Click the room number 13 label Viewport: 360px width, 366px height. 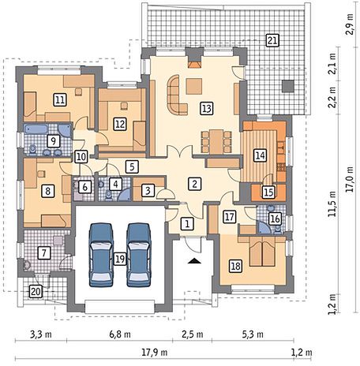207,108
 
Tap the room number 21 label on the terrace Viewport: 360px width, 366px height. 272,40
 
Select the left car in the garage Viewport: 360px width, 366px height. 101,255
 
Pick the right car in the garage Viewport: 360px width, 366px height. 139,255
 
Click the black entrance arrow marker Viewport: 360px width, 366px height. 194,260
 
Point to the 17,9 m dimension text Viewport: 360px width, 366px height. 155,352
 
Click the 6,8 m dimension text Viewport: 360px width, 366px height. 120,334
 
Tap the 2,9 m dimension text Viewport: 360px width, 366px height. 350,24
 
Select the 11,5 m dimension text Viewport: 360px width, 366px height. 332,204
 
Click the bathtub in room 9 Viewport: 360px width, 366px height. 36,129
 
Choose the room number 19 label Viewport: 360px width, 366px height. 120,259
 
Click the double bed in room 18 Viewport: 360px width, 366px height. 262,252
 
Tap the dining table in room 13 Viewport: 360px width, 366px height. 216,141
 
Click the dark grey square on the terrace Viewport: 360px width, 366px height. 288,86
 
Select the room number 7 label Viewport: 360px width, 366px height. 43,252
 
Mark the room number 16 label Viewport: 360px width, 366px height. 276,218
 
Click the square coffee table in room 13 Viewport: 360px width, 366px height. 194,87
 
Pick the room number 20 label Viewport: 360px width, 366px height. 36,292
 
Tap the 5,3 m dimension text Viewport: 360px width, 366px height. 253,334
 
